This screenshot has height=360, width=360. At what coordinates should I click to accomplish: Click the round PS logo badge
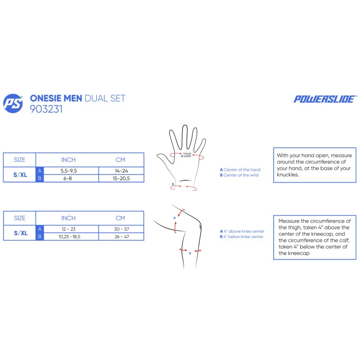(13, 103)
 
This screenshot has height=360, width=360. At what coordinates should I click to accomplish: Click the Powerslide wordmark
(325, 99)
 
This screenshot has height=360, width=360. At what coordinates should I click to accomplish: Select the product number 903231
(46, 109)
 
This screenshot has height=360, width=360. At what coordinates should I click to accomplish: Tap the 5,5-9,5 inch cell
(69, 171)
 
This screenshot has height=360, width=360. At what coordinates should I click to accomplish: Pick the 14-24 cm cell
(121, 171)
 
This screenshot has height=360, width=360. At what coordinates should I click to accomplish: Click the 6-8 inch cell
(67, 178)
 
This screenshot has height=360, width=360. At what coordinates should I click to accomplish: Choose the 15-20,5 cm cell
(121, 178)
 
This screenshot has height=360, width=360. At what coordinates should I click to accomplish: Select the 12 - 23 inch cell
(68, 229)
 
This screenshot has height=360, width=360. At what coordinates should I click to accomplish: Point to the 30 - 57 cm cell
(121, 229)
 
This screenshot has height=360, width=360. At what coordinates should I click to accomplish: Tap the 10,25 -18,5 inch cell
(69, 237)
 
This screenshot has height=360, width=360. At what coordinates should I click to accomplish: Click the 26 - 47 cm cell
(121, 237)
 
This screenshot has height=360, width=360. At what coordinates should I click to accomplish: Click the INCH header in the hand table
(68, 160)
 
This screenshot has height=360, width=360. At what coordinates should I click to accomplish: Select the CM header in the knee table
(120, 218)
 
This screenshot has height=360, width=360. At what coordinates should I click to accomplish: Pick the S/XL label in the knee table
(20, 233)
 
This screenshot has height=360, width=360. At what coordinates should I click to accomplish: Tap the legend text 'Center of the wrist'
(241, 175)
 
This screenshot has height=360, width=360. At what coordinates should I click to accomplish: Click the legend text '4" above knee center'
(244, 231)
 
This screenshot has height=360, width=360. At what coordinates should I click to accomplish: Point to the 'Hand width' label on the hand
(187, 155)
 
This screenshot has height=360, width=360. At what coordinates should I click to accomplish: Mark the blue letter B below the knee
(190, 253)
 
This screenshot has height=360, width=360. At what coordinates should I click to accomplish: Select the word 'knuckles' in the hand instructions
(288, 175)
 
